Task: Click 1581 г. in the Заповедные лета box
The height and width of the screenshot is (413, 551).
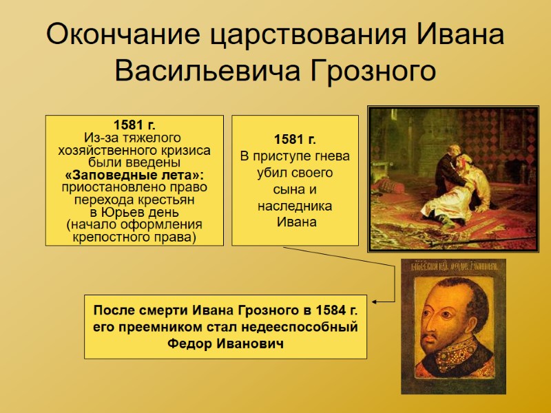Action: coord(134,125)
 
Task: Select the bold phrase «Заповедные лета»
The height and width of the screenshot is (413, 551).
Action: coord(134,175)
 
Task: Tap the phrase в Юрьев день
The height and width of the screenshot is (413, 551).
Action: coord(134,212)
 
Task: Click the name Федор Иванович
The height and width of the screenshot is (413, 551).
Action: coord(225,343)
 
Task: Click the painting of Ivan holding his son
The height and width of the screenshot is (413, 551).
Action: coord(453,178)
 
